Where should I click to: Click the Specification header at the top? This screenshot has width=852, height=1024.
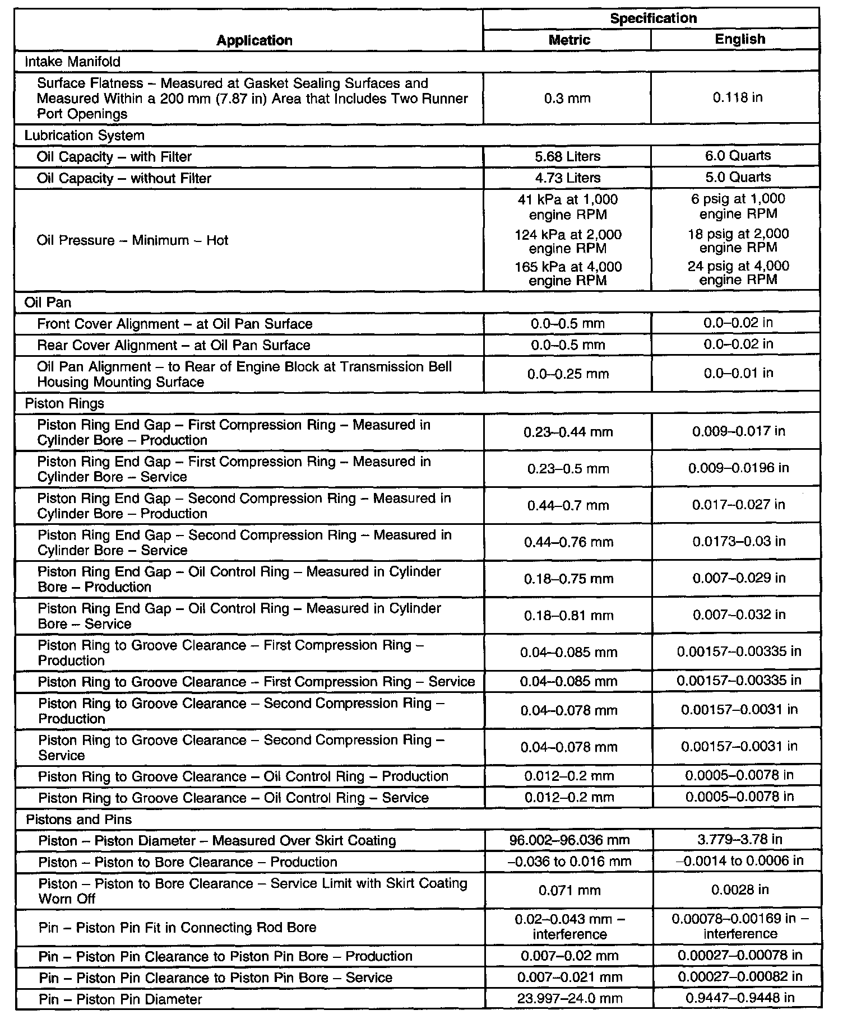coord(653,18)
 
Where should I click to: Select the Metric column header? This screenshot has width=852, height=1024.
coord(569,40)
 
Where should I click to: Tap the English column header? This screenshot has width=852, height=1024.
coord(739,39)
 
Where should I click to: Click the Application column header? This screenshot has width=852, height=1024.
coord(254,40)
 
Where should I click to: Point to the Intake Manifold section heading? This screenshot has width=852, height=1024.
coord(72,62)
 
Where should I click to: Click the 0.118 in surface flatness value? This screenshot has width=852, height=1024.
coord(737,98)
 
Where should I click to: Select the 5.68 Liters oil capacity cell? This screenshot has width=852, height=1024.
coord(567,157)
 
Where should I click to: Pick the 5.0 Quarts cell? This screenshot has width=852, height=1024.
coord(738,178)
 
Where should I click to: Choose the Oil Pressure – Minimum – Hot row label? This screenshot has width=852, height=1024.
coord(133,240)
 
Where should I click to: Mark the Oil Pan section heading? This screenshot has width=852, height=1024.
coord(48,302)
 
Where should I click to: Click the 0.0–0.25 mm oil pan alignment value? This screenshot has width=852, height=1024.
coord(568,374)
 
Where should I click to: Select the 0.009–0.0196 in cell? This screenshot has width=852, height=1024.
coord(738,468)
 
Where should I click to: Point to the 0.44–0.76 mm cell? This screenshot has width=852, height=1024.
coord(568,542)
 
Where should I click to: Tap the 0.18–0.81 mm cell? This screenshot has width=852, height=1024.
coord(568,616)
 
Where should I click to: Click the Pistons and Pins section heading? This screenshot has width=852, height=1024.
coord(79,820)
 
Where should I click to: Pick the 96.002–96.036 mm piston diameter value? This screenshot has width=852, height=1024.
coord(569,840)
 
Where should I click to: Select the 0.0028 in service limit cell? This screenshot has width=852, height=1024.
coord(739,890)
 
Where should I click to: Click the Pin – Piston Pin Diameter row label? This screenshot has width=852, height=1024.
coord(120,999)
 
